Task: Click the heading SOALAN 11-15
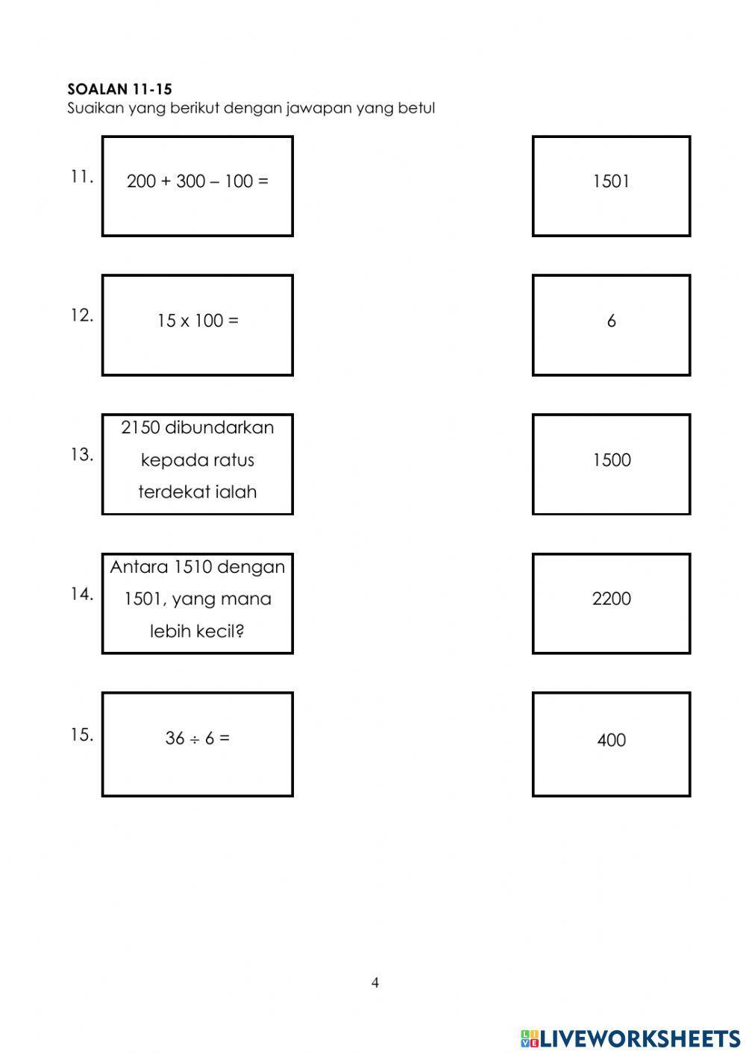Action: click(119, 90)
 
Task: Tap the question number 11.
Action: click(81, 178)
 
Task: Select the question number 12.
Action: click(81, 316)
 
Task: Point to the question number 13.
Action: click(81, 454)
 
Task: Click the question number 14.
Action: click(81, 594)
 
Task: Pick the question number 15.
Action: click(81, 735)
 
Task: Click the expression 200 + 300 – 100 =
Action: click(197, 181)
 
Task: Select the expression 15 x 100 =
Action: click(197, 321)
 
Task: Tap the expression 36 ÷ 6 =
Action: click(197, 738)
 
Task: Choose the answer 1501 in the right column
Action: click(611, 181)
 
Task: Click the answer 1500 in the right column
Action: click(611, 460)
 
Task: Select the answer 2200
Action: click(611, 599)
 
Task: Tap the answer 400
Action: click(611, 741)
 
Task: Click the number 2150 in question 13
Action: click(140, 428)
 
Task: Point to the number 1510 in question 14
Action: click(192, 567)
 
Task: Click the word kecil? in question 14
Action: click(220, 631)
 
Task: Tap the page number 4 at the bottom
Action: click(375, 983)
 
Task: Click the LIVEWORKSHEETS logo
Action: click(630, 1038)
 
